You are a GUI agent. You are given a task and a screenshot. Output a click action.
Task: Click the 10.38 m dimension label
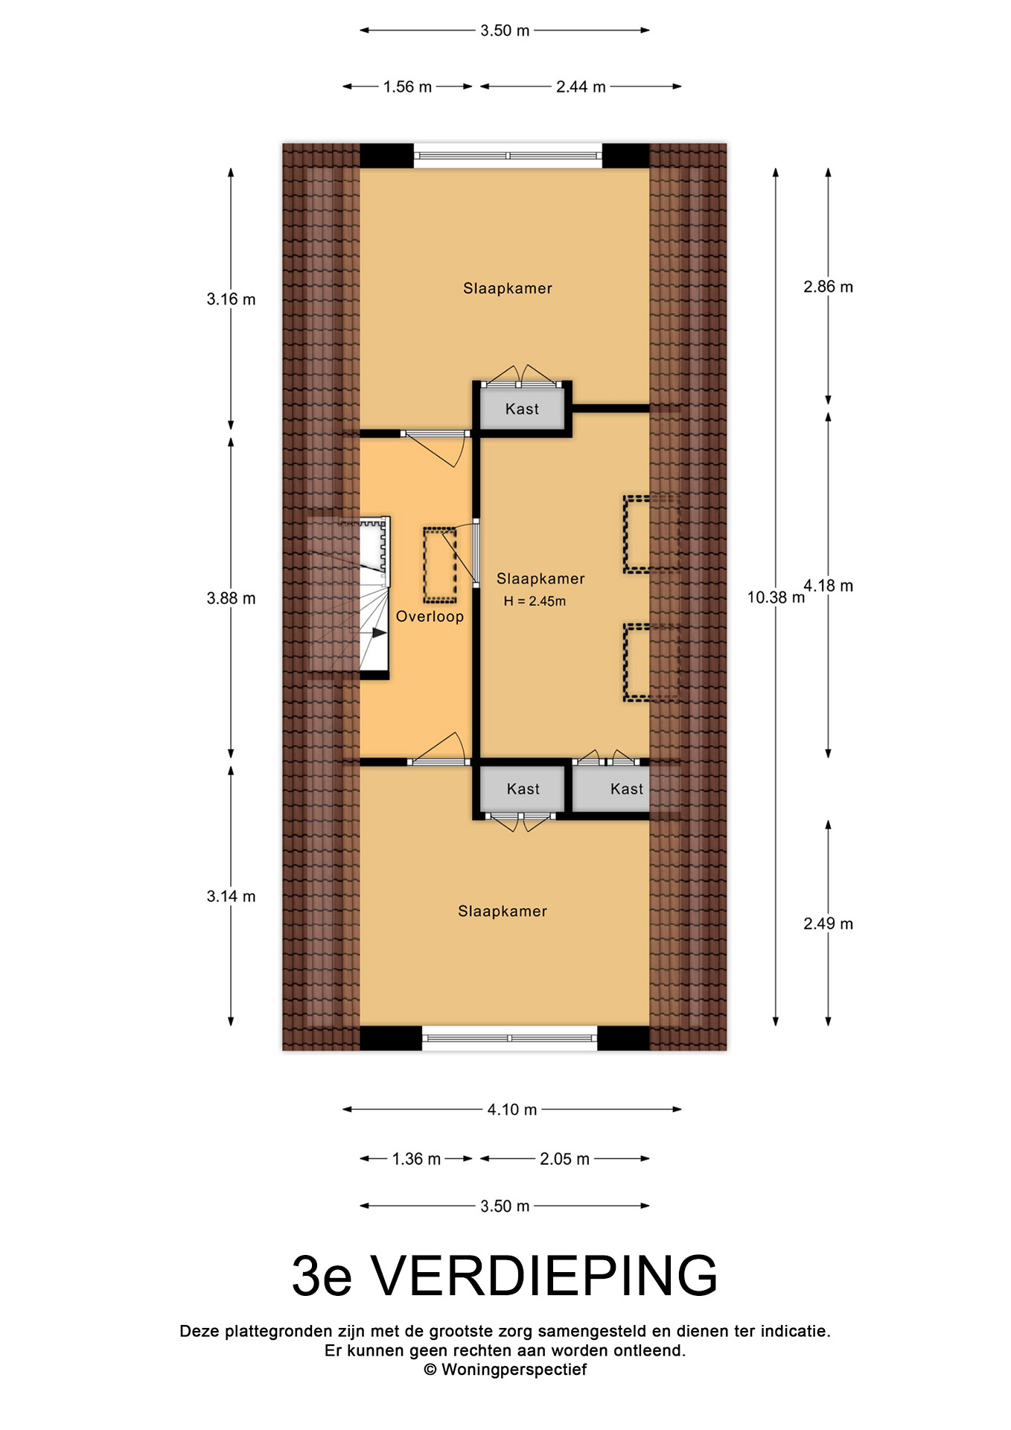point(776,597)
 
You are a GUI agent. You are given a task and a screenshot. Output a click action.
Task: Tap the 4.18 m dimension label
point(829,585)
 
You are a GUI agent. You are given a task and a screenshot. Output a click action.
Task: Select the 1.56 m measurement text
point(407,86)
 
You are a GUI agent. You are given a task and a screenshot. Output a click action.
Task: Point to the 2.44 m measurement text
point(581,86)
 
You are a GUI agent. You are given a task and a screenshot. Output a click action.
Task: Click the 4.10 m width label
point(512,1109)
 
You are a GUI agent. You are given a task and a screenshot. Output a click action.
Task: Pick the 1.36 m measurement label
point(416,1158)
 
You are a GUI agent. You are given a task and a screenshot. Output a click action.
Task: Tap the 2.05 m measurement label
point(564,1158)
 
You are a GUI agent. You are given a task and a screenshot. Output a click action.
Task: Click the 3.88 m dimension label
point(231,598)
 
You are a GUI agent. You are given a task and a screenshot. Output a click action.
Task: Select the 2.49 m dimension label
point(829,924)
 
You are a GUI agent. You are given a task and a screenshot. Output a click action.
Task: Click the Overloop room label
point(430,616)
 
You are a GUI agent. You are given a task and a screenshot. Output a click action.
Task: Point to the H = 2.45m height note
point(535,601)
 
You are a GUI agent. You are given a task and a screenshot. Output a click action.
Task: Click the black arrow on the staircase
point(379,632)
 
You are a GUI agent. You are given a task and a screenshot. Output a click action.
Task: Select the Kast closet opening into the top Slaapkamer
point(522,409)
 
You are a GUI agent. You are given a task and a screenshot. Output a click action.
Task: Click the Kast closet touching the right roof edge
point(610,789)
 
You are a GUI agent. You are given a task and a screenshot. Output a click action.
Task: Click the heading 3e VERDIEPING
point(505,1276)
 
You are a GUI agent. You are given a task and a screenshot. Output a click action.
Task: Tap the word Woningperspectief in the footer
point(514,1369)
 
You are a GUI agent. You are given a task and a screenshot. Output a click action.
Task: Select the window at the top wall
point(508,156)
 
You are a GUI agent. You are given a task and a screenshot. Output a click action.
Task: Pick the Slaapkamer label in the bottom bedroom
point(503,911)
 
